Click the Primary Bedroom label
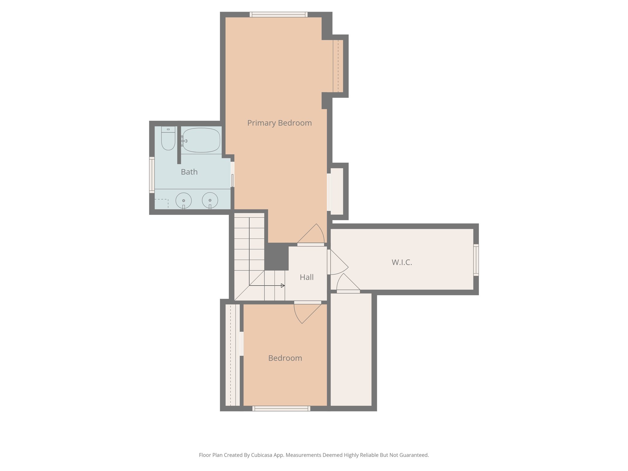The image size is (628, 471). [279, 123]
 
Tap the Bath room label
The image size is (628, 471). [189, 172]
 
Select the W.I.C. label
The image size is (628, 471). [402, 262]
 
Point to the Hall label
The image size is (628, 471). [306, 278]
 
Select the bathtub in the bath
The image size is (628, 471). [201, 140]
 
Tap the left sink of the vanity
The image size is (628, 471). [183, 201]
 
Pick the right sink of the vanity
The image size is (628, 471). [210, 201]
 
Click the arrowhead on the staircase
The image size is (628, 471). [283, 285]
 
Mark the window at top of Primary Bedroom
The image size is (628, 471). [278, 14]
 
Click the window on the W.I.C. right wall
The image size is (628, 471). [476, 260]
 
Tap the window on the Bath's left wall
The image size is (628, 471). [152, 175]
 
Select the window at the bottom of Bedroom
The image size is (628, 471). [281, 408]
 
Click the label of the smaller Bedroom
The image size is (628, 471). [285, 358]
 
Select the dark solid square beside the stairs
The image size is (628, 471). [276, 257]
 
